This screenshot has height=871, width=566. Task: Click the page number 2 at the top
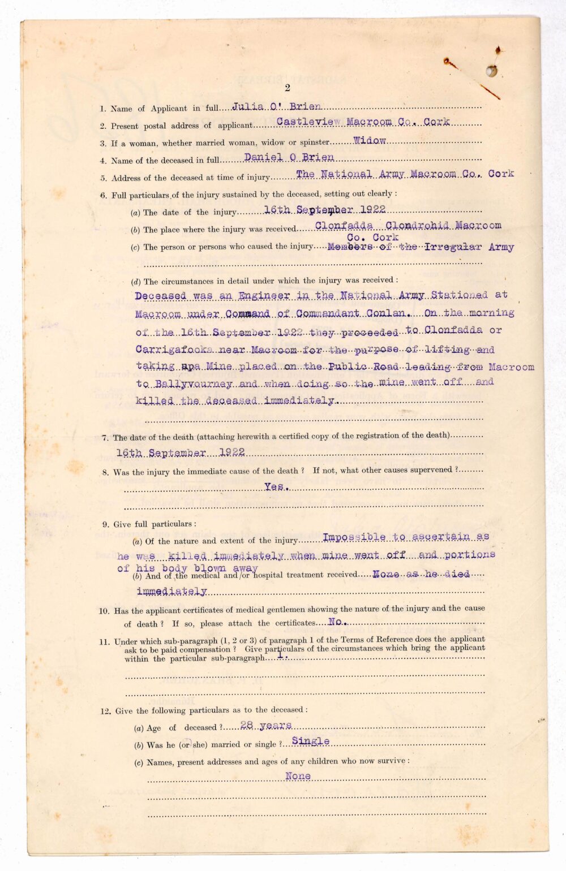point(288,88)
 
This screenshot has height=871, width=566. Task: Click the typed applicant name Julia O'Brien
point(277,106)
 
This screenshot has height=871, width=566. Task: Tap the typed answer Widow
point(370,140)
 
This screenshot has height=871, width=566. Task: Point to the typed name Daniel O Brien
point(289,158)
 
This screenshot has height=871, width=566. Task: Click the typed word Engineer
point(264,296)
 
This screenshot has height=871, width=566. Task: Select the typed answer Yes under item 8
point(275,486)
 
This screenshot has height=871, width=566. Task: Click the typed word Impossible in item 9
point(354,537)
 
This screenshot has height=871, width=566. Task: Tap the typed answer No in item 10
point(336,622)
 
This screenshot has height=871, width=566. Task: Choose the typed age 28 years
point(266,725)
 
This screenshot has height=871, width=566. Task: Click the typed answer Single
point(311,741)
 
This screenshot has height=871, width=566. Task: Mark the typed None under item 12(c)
point(298,777)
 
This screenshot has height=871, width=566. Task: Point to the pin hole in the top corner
point(492,71)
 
